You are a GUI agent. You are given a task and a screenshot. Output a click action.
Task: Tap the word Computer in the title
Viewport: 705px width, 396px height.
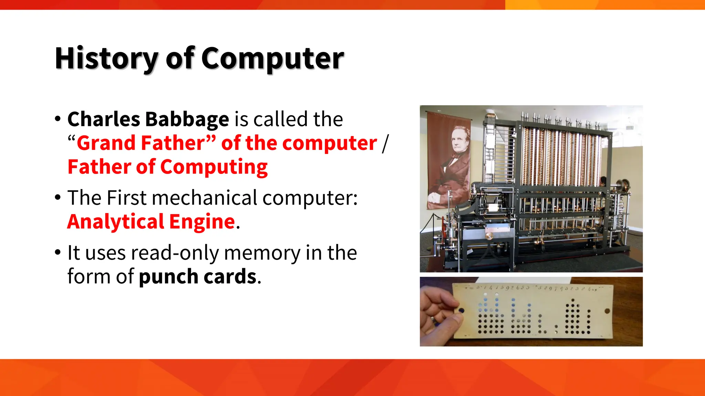pos(272,58)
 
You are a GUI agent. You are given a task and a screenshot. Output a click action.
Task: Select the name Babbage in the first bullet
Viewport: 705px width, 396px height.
pos(187,119)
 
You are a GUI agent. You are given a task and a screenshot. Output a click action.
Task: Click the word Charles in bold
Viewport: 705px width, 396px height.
pos(104,119)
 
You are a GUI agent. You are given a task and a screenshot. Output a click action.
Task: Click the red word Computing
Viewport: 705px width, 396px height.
pos(214,167)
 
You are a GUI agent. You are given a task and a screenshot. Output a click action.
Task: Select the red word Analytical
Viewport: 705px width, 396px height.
pos(115,222)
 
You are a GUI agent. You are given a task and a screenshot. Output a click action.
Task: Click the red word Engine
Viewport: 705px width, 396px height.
pos(202,222)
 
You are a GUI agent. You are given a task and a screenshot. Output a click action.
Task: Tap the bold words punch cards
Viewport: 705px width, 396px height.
pos(198,277)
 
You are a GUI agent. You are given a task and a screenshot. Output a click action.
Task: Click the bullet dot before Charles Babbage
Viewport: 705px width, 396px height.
pos(58,119)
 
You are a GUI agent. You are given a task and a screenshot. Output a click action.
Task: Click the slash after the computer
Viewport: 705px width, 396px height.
pos(385,143)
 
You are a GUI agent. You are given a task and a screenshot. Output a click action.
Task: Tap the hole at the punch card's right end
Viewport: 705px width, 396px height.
pos(607,311)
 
